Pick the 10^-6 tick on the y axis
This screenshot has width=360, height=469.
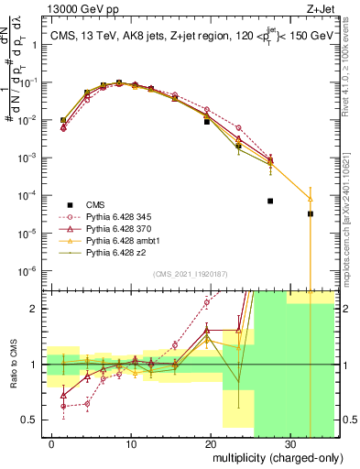(33, 271)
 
